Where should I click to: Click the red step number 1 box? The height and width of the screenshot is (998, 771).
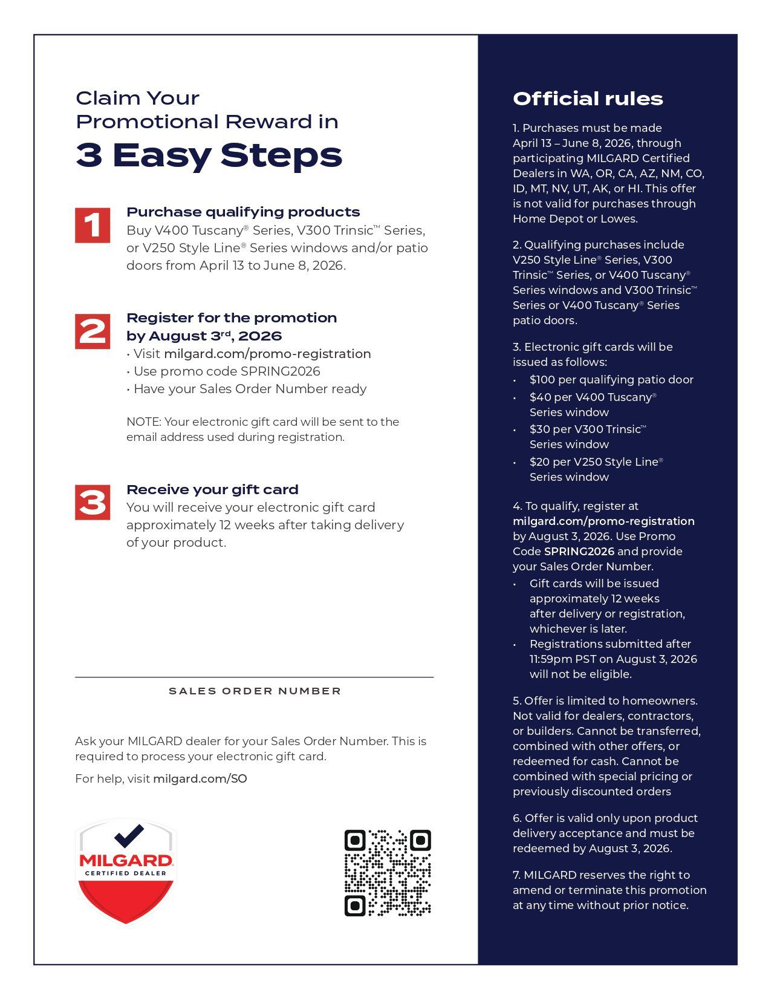pos(93,226)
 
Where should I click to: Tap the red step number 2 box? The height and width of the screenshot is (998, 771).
pos(93,331)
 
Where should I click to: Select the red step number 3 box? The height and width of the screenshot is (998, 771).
pos(93,503)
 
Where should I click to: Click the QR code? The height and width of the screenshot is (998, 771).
pos(388,873)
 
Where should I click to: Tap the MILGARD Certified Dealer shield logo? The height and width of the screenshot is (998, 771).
pos(126,871)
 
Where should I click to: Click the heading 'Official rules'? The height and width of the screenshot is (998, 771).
pos(588,99)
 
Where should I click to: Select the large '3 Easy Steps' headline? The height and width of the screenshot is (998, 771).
pos(209,155)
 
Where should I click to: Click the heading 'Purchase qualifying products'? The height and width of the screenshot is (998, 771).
pos(243,212)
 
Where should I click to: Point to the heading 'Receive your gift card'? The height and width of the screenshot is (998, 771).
pos(212,489)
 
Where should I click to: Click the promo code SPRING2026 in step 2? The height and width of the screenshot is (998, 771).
pos(280,371)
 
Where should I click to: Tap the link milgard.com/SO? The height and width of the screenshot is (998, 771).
pos(200,779)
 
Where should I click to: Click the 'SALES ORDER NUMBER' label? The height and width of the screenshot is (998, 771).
pos(255,691)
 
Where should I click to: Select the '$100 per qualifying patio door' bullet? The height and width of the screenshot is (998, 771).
pos(611,380)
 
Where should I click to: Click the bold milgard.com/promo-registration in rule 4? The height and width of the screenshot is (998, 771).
pos(603,521)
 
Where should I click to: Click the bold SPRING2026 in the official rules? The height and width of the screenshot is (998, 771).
pos(579,552)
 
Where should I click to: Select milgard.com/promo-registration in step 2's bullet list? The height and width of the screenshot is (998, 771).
pos(267,354)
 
